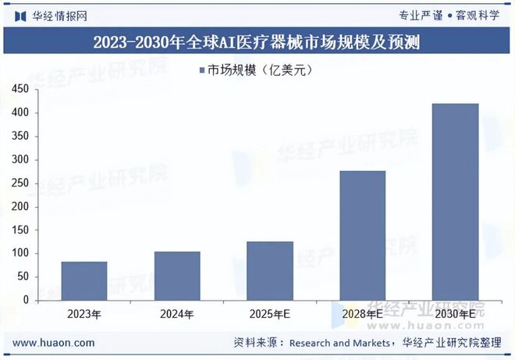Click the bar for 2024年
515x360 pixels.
click(x=177, y=276)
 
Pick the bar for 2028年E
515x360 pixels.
click(x=363, y=235)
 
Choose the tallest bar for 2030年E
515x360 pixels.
click(x=456, y=201)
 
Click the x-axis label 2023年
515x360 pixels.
click(x=83, y=314)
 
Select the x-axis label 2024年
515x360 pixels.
click(x=177, y=314)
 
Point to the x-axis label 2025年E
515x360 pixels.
click(x=270, y=314)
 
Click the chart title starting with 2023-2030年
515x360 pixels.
click(x=257, y=43)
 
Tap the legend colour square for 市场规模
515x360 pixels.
click(x=201, y=71)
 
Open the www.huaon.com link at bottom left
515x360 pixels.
click(x=55, y=343)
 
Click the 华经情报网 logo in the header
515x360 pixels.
click(x=51, y=15)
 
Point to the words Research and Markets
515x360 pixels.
click(x=340, y=343)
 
